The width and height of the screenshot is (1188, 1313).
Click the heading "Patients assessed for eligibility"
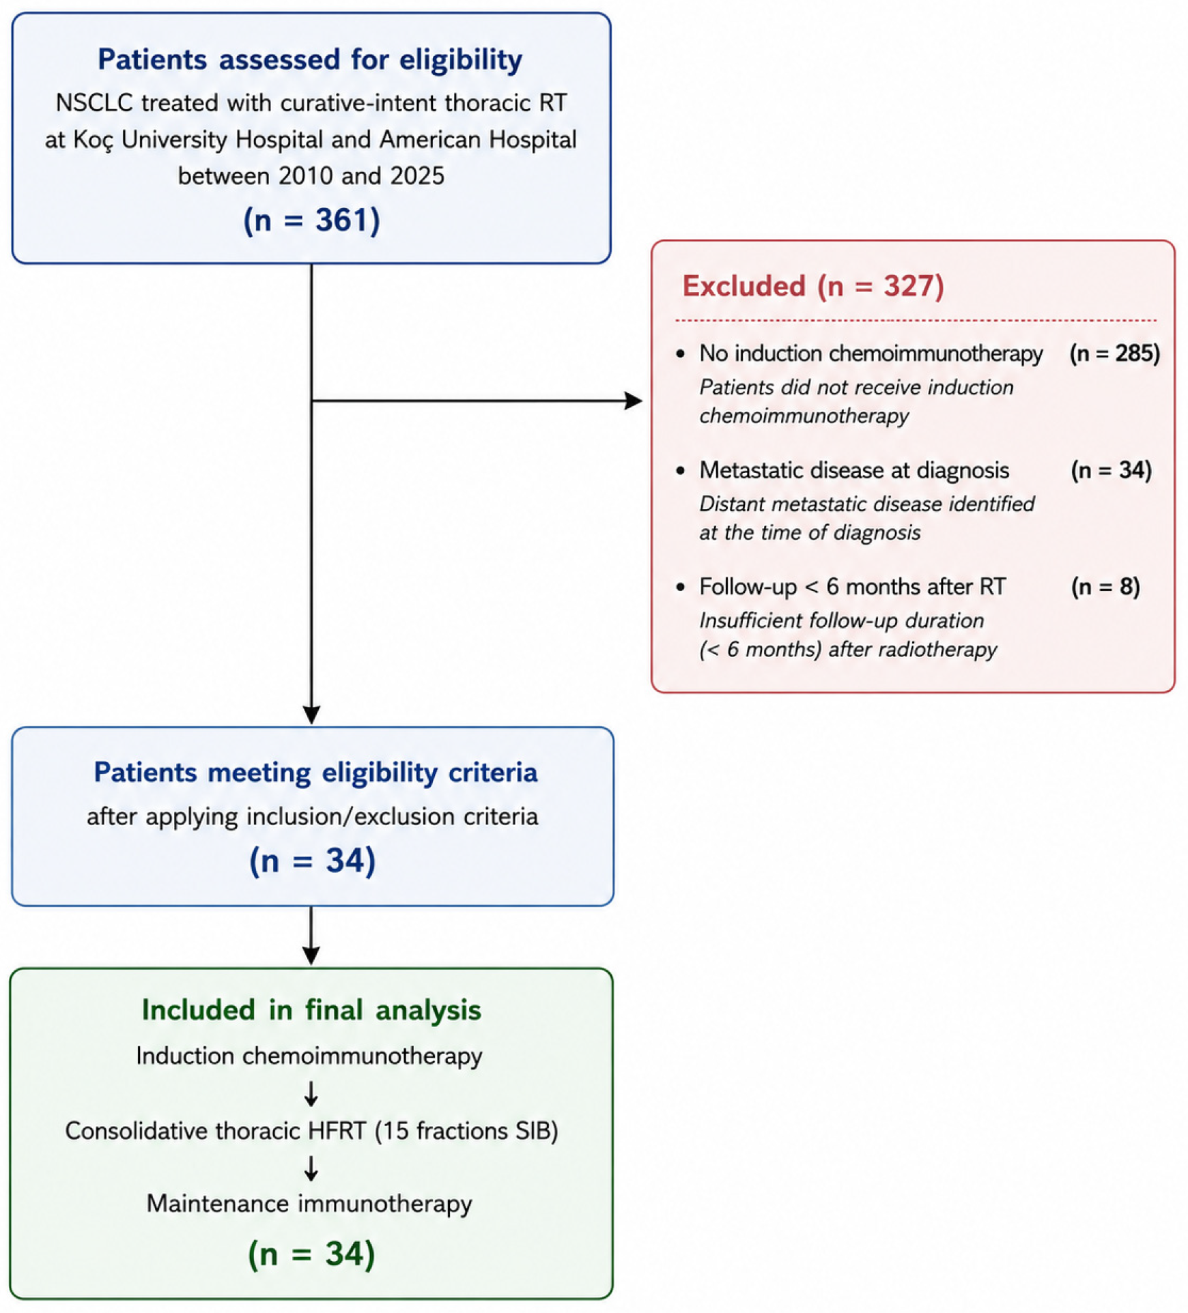pos(310,60)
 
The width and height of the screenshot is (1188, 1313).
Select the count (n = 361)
pos(311,220)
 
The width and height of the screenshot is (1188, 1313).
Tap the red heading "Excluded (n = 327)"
pos(813,286)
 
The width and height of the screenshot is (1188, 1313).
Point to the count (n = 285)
pos(1115,353)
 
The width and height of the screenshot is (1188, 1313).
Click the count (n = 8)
pos(1105,587)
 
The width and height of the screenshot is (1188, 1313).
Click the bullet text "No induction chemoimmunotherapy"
pos(871,353)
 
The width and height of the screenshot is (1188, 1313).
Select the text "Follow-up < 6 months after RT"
pos(853,587)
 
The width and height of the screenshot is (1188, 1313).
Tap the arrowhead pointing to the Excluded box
pos(634,401)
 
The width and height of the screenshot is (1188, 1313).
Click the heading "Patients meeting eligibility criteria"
pos(315,773)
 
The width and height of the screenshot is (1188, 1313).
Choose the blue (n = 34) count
pos(313,861)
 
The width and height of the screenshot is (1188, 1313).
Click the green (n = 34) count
pos(311,1254)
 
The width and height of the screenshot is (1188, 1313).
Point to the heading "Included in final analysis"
pos(311,1010)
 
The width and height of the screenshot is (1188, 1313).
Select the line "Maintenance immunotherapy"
pos(309,1203)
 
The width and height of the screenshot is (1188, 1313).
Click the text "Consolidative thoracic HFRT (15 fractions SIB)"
pos(311,1131)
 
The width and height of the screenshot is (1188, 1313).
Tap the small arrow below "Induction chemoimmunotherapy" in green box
pos(311,1093)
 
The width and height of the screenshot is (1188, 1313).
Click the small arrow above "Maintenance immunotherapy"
pos(311,1168)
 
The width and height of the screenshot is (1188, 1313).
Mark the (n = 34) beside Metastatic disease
pos(1112,470)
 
